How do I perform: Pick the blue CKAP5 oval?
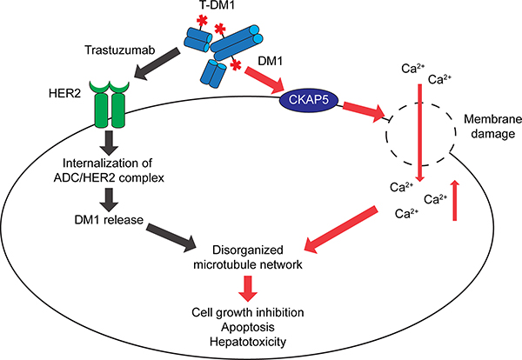(x=305, y=102)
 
